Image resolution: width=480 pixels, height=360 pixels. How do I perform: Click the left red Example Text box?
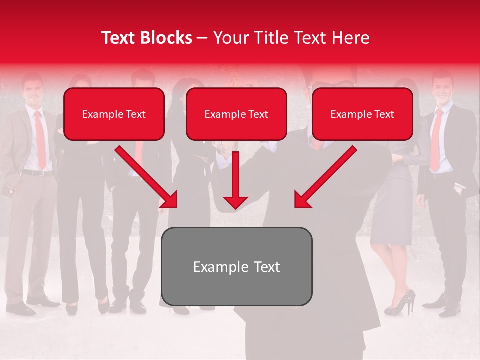[x=114, y=114]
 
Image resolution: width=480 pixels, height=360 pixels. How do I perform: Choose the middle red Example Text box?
[x=236, y=114]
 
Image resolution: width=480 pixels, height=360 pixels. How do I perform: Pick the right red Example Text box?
[x=362, y=114]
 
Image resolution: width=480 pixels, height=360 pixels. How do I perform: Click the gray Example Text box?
[x=236, y=266]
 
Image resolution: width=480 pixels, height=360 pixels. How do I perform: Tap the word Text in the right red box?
[x=384, y=114]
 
